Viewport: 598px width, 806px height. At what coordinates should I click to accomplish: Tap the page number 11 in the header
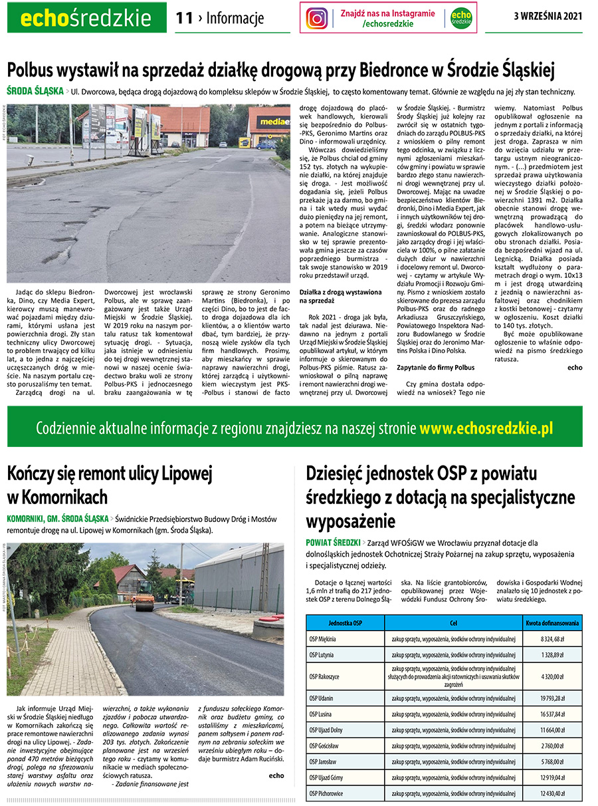tap(183, 19)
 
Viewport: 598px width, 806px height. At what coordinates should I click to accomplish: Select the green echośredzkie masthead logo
tap(87, 18)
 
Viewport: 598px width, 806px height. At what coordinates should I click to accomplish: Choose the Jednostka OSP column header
tap(345, 623)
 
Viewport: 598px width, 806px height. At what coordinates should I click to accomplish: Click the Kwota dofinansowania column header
tap(552, 623)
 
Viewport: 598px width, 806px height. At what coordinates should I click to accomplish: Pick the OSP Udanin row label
tap(322, 698)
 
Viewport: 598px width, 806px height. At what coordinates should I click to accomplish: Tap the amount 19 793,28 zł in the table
tap(551, 698)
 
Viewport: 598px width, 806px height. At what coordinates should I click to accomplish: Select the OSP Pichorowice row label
tap(326, 793)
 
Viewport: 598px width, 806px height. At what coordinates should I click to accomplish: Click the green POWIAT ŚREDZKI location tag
tap(333, 543)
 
